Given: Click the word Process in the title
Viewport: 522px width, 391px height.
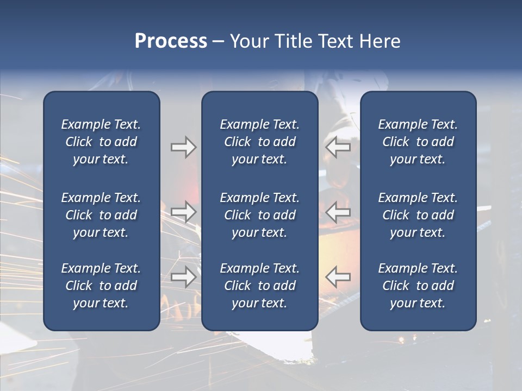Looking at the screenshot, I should [171, 41].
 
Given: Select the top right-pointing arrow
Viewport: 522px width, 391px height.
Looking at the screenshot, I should [183, 147].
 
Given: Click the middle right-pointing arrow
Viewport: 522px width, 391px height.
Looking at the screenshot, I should [183, 211].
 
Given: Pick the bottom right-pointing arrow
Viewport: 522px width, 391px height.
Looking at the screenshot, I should [183, 277].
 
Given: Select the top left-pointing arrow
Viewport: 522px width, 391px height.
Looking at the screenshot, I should [338, 147].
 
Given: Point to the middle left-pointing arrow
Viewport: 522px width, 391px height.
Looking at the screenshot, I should [338, 211].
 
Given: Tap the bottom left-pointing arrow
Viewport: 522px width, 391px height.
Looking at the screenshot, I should [338, 277].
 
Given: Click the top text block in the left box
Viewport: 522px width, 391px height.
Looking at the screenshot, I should [101, 142].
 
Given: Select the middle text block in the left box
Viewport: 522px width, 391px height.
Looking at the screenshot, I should [101, 215].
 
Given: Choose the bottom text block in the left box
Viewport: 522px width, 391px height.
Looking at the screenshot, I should [101, 286].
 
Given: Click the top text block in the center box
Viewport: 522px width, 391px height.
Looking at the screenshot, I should [259, 142].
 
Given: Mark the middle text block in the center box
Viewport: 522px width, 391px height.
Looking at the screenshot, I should [259, 215].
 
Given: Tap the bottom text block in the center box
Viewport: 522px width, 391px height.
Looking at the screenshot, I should [259, 286].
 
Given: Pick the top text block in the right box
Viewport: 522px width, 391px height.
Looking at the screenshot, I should [418, 142].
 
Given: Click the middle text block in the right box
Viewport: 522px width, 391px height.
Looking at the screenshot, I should [418, 215].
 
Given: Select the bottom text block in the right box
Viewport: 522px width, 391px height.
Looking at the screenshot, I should [418, 286].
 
